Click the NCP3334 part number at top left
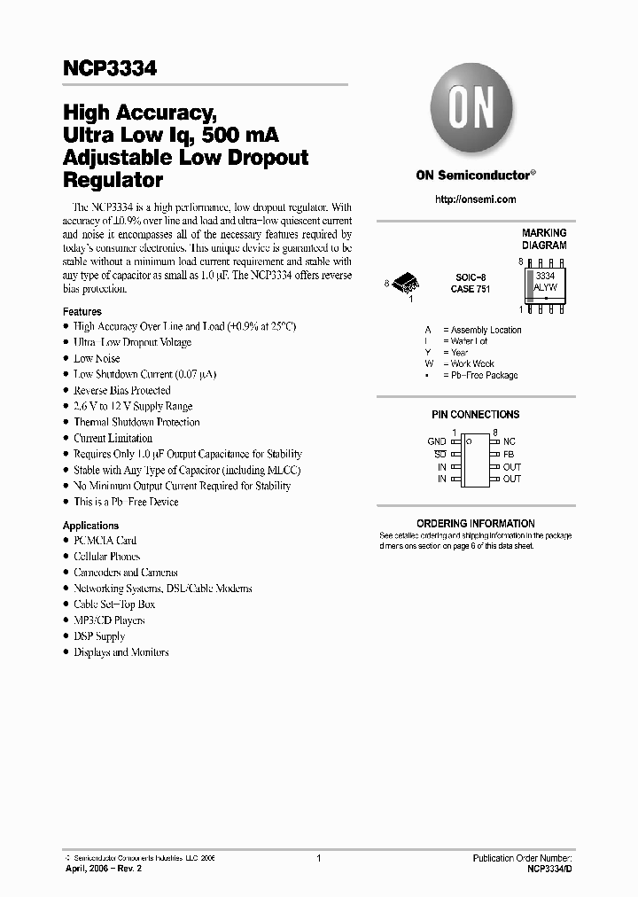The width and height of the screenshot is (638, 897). tap(110, 68)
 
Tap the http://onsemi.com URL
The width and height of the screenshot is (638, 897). tap(476, 199)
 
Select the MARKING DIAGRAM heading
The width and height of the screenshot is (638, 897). tap(543, 239)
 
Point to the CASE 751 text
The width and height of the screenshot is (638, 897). tap(471, 290)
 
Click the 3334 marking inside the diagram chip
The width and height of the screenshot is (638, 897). tap(543, 277)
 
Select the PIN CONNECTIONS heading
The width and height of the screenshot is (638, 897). tap(476, 414)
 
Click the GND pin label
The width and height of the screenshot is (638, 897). tap(436, 441)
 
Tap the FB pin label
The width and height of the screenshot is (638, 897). tap(509, 454)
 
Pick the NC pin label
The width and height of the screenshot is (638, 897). tap(509, 441)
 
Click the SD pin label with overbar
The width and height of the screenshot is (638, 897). tap(440, 454)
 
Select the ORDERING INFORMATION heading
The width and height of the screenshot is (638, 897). tap(476, 523)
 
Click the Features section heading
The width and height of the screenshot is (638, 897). tap(82, 312)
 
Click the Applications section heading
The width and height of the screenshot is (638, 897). tap(90, 526)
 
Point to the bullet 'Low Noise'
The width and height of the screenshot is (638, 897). tap(97, 358)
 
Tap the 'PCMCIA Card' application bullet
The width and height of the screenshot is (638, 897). tap(105, 540)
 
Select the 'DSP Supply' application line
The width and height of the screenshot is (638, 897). tap(99, 636)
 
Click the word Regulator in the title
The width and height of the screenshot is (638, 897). tap(113, 181)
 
